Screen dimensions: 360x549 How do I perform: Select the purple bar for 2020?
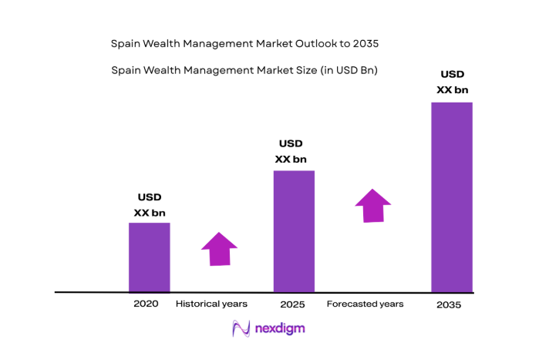point(149,257)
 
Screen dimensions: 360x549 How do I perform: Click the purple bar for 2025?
point(294,231)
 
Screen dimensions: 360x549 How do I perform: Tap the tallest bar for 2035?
point(451,197)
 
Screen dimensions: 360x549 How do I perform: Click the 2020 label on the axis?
point(145,304)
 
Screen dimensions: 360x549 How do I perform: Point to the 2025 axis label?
point(293,304)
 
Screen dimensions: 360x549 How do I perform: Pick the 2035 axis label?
point(448,304)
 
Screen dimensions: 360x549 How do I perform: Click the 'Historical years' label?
point(212,304)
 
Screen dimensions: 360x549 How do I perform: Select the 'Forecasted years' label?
point(365,304)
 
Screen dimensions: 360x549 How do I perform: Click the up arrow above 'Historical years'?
point(219,249)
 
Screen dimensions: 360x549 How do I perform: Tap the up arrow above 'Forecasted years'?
point(372,206)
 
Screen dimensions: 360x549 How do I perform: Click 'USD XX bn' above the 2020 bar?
point(150,205)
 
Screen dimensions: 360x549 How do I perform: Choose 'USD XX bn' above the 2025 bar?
point(291,152)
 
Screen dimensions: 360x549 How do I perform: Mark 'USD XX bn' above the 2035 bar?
point(452,82)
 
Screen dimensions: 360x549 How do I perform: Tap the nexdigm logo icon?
point(240,329)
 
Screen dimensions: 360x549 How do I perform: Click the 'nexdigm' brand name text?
point(279,329)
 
